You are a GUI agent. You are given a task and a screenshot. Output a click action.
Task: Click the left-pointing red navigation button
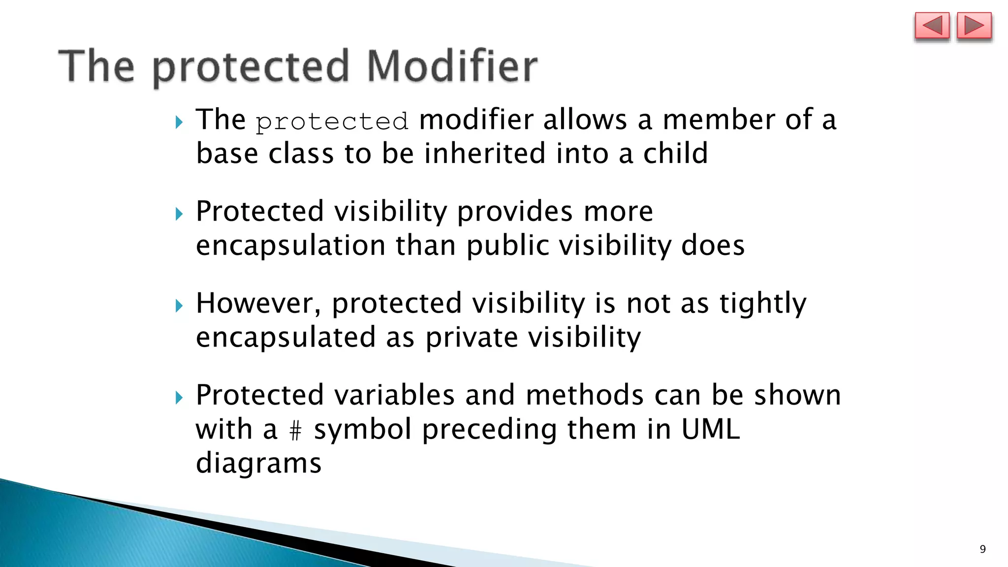(931, 27)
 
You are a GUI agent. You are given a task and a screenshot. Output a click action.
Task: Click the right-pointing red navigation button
(974, 27)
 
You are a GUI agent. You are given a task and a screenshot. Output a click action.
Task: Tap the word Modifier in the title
(452, 66)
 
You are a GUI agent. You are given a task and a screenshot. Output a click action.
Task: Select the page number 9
(982, 549)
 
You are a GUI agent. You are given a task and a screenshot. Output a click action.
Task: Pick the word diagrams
(258, 464)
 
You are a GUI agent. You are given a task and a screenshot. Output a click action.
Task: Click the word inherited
(485, 153)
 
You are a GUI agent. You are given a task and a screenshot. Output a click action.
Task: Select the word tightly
(762, 303)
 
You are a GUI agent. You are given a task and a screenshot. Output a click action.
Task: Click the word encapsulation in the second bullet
(290, 246)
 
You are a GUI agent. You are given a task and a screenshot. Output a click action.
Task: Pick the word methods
(584, 395)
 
